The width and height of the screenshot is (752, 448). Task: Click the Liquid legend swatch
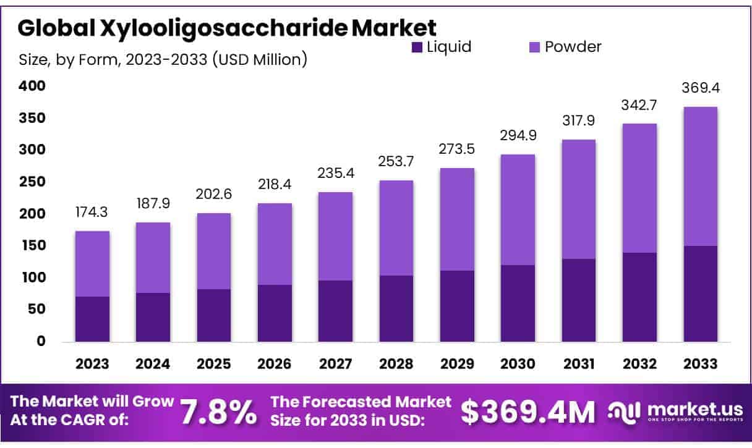point(417,47)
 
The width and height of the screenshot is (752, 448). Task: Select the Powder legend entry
point(573,47)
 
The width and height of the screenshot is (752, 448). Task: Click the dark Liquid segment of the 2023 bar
point(92,319)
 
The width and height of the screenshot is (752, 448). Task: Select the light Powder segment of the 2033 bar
point(700,176)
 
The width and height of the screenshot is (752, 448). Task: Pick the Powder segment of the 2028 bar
point(396,228)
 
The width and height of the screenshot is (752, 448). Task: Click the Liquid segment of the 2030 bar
point(518,303)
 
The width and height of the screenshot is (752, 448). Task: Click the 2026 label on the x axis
point(275,364)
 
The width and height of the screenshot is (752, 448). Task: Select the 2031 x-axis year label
point(578,364)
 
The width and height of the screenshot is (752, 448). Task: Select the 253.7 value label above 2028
point(396,163)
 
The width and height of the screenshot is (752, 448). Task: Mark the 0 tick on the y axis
point(41,341)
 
